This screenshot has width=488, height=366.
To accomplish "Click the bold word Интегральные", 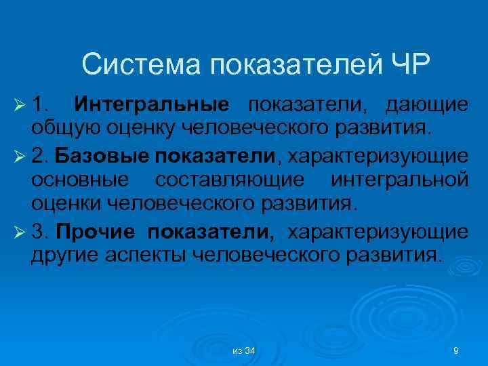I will click(152, 106).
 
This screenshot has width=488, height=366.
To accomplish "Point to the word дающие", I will click(426, 106).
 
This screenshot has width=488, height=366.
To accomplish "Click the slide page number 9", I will click(456, 350).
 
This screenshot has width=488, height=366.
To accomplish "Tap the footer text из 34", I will click(243, 350).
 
